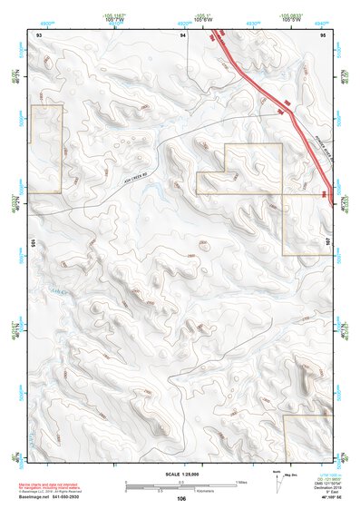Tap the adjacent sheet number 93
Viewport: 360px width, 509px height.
click(39, 34)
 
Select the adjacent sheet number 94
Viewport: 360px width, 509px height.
click(183, 34)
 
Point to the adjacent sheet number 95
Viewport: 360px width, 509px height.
click(324, 34)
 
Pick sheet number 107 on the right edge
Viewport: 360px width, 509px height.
click(329, 242)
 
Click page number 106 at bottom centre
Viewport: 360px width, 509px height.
click(181, 498)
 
